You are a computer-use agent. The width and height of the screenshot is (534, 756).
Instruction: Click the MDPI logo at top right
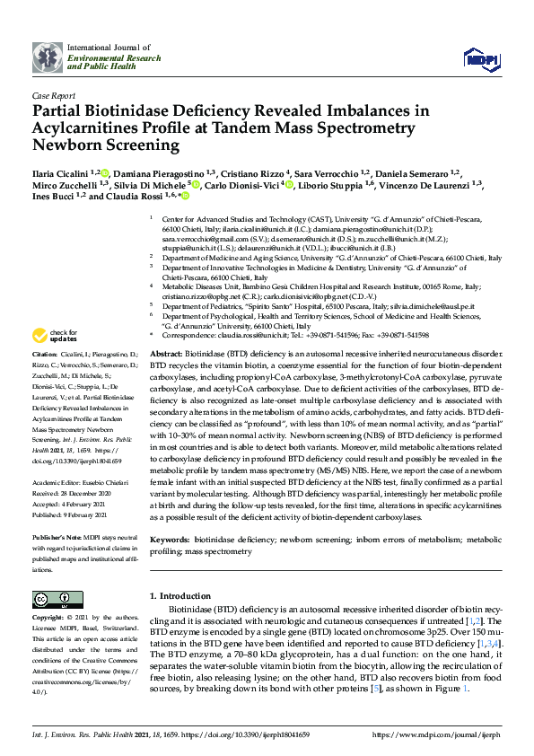click(x=481, y=59)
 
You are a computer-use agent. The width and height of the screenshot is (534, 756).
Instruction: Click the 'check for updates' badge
click(x=54, y=361)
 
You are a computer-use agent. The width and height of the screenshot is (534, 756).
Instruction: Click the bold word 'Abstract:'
click(x=166, y=355)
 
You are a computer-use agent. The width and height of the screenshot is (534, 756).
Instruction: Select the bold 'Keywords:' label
click(x=170, y=541)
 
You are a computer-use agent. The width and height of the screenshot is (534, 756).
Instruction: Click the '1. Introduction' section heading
click(x=179, y=596)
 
